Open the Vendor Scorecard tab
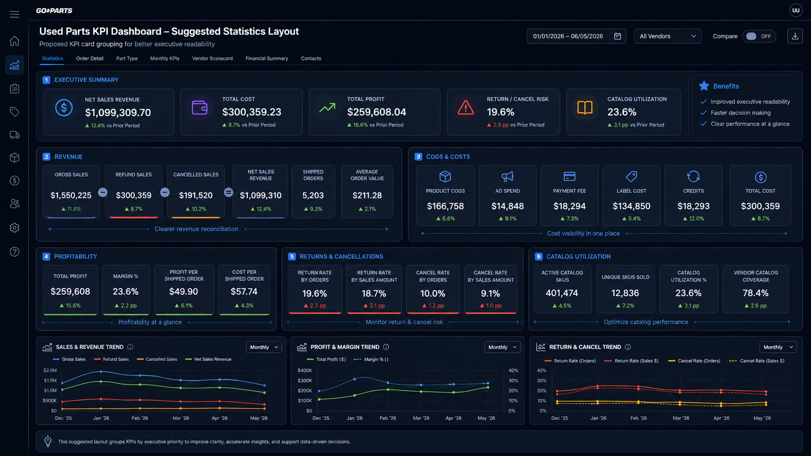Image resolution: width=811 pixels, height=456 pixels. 212,58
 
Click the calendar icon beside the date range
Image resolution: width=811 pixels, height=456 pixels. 617,36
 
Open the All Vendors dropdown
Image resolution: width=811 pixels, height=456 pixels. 667,36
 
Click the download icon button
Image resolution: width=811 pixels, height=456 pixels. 795,36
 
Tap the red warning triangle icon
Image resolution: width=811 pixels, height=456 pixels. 466,108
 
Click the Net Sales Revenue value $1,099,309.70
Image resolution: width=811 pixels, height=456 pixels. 118,112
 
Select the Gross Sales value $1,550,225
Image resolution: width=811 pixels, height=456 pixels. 71,195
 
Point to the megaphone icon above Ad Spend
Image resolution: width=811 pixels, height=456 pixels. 507,176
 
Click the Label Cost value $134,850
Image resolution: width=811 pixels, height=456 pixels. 632,206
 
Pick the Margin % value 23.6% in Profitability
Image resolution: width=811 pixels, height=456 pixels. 125,291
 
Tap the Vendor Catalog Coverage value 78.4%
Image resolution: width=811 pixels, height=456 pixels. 755,293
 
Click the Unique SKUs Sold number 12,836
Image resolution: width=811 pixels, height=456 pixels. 625,293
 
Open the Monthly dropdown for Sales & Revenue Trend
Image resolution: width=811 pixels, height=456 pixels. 263,347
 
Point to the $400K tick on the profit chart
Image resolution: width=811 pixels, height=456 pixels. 305,371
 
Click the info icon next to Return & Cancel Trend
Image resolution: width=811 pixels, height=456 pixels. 628,347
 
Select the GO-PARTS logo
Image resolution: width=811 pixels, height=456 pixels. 54,11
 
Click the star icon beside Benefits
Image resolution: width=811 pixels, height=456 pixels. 704,86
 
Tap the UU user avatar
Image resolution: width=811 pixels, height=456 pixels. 795,11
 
